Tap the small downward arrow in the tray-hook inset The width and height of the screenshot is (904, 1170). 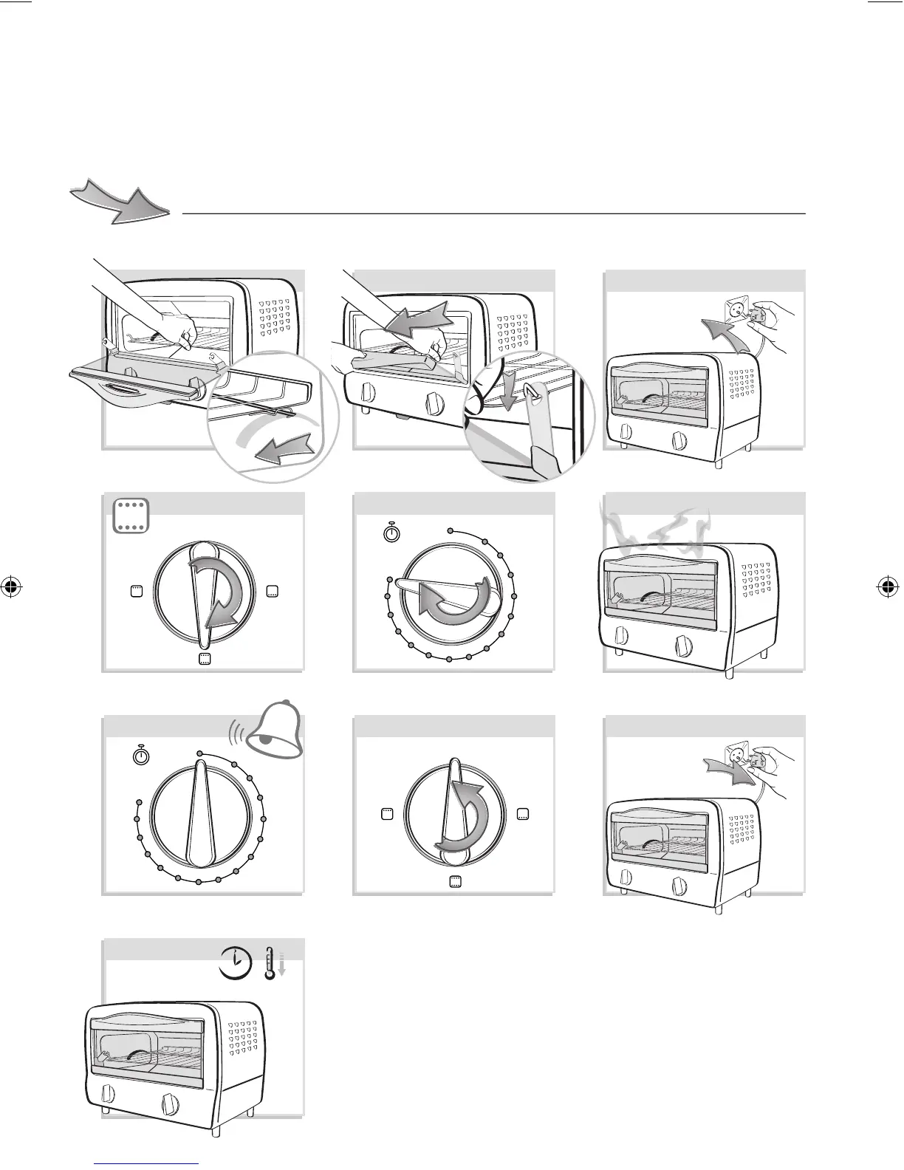pos(507,398)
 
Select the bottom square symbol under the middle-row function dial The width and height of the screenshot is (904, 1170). pos(205,660)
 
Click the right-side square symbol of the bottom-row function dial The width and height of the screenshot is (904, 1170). pos(524,814)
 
